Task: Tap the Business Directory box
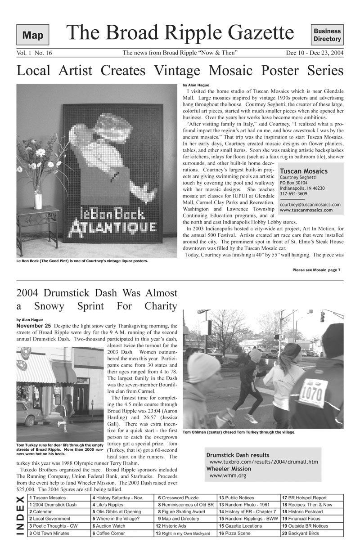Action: coord(327,35)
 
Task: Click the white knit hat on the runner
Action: coord(202,367)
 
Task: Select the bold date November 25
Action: coord(33,326)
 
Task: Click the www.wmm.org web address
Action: coord(228,475)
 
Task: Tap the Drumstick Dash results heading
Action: coord(238,455)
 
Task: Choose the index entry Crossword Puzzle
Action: coord(180,498)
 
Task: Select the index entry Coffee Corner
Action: coord(110,533)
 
